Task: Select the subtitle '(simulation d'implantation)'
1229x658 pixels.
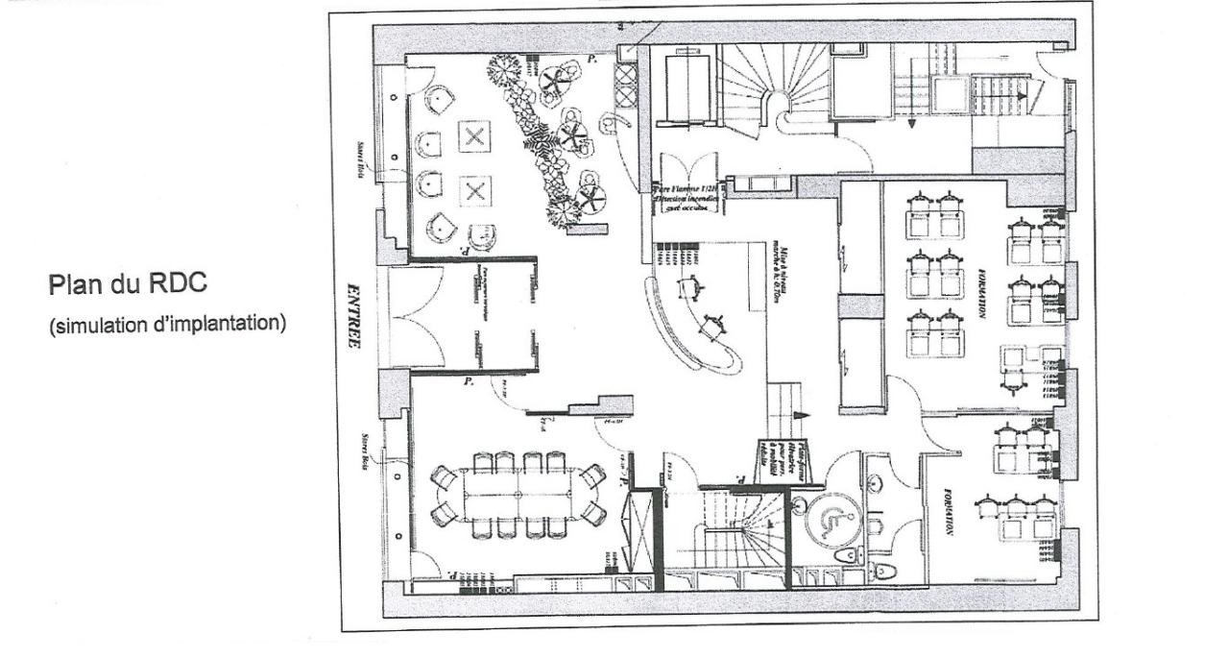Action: point(167,322)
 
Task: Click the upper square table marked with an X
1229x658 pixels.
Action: point(472,136)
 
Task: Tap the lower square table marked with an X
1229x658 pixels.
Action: point(472,190)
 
